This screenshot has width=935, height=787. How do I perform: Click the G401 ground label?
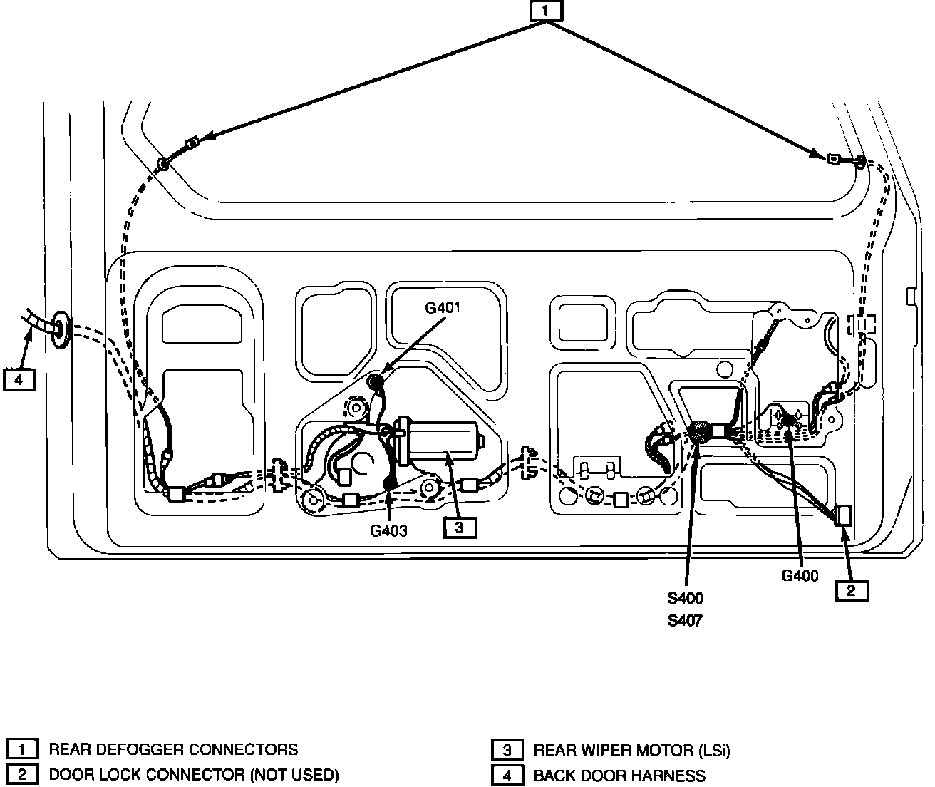tap(443, 308)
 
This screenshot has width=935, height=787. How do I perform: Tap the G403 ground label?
tap(388, 530)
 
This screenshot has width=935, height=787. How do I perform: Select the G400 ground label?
tap(800, 576)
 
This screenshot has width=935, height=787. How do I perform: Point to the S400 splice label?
tap(685, 598)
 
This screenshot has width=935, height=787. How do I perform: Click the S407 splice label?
tap(685, 621)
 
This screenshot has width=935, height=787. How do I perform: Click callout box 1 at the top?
tap(546, 11)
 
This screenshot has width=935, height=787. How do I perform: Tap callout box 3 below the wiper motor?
tap(459, 528)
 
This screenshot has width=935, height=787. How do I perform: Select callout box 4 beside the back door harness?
tap(19, 379)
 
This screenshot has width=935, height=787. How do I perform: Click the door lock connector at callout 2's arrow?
tap(844, 515)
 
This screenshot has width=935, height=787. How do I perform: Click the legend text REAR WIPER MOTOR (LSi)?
tap(631, 750)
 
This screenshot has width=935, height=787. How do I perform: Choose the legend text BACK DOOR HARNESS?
tap(619, 776)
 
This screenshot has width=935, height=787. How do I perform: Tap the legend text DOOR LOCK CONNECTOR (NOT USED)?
tap(193, 775)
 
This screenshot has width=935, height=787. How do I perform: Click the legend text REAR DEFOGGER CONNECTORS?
tap(173, 749)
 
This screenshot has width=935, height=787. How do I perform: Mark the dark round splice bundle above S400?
tap(700, 431)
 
